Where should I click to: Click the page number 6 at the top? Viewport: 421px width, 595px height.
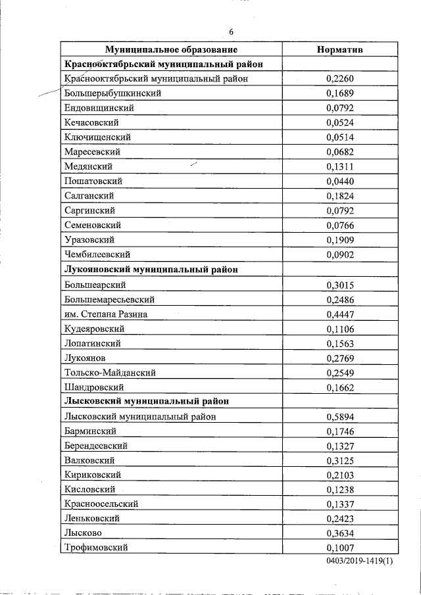(231, 32)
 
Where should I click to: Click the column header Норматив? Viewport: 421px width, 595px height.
(340, 49)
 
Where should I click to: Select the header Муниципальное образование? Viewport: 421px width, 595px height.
(171, 49)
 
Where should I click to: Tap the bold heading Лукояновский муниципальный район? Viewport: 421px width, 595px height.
(151, 270)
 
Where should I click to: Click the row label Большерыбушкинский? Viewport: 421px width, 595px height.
(112, 93)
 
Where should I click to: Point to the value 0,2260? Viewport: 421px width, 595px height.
(340, 79)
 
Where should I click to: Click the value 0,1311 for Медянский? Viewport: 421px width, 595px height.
(340, 167)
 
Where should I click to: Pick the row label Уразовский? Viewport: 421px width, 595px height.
(90, 240)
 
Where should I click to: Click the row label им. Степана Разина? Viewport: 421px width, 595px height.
(106, 314)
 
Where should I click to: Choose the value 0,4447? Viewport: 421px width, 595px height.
(340, 314)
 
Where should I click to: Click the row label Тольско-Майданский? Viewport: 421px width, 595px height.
(110, 373)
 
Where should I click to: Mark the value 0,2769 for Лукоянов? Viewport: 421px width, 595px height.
(340, 358)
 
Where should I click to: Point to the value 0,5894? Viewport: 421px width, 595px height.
(340, 417)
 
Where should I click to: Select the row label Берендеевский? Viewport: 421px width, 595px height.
(96, 446)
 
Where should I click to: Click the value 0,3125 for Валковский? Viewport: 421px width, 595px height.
(340, 460)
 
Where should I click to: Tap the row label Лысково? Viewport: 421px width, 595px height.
(84, 533)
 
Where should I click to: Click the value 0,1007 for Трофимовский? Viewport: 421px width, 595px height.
(340, 548)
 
